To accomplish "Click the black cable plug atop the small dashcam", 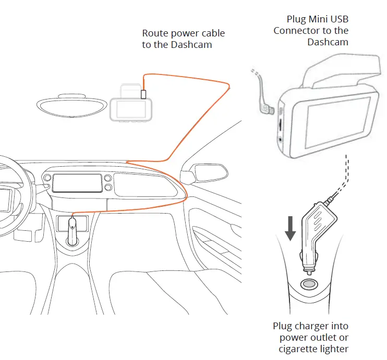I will [143, 94].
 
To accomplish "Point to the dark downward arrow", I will [291, 228].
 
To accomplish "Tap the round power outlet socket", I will [307, 284].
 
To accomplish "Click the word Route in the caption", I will [155, 33].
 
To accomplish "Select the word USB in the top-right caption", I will [335, 20].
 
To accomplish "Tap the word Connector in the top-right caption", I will [297, 31].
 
